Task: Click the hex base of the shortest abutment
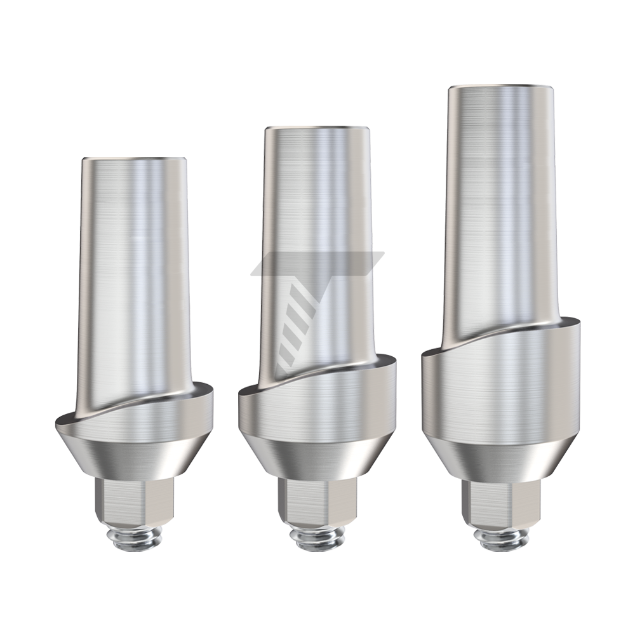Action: coord(134,502)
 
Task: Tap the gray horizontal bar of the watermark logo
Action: coord(317,262)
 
